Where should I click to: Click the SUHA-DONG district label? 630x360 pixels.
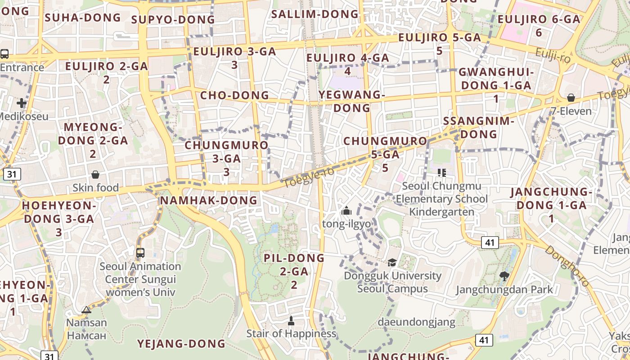(83, 18)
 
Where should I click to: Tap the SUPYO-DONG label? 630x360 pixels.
(173, 19)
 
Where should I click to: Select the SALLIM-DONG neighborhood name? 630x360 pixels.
(315, 14)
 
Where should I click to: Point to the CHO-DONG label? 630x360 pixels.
(234, 95)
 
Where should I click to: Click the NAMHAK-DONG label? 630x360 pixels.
(209, 200)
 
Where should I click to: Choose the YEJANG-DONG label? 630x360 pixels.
(181, 344)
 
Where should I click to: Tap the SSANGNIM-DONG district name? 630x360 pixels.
(479, 127)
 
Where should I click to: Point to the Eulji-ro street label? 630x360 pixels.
(553, 56)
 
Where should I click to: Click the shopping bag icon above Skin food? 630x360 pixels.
(95, 175)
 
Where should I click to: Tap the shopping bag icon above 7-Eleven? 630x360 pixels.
(571, 98)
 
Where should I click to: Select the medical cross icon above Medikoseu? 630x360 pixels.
(21, 103)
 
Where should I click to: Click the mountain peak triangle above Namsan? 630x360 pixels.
(86, 310)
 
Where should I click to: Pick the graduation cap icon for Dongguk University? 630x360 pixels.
(392, 262)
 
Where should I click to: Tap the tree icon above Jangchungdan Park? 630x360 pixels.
(504, 276)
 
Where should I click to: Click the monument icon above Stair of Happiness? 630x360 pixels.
(291, 321)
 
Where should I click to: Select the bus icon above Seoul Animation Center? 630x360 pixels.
(140, 252)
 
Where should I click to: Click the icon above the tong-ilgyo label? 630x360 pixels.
(346, 211)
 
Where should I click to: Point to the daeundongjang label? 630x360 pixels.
(416, 322)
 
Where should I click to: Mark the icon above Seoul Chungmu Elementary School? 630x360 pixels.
(441, 172)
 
